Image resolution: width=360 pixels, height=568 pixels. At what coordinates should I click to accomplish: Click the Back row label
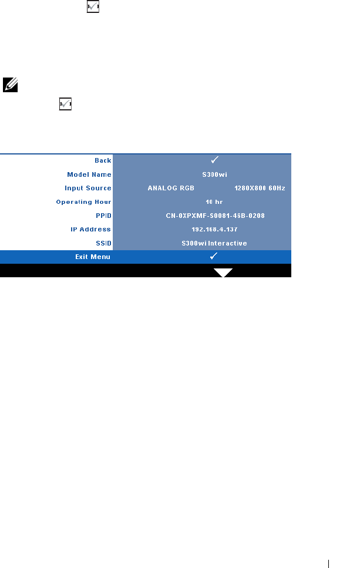point(103,160)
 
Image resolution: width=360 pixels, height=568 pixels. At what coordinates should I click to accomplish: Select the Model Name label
point(89,174)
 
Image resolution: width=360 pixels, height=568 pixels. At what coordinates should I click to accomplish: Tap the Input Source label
point(88,189)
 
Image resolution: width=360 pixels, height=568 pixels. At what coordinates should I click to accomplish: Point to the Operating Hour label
point(83,202)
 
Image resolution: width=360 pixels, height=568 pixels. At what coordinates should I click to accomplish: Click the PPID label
point(103,216)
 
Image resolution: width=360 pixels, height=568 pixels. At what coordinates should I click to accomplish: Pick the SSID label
point(103,243)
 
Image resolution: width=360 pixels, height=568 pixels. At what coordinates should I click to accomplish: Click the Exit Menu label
point(92,257)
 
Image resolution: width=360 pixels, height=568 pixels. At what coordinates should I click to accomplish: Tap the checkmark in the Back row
point(214,160)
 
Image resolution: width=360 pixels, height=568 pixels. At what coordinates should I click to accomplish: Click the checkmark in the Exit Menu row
point(214,256)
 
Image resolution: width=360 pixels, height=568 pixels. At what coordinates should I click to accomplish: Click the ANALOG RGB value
point(171,189)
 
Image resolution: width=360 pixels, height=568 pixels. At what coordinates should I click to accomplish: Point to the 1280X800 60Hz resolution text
point(259,189)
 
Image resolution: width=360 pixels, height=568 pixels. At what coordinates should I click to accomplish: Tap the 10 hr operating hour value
point(214,202)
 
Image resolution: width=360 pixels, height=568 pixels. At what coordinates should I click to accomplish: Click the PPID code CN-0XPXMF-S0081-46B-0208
point(215,216)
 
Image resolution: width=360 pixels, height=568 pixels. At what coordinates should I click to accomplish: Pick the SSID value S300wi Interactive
point(214,243)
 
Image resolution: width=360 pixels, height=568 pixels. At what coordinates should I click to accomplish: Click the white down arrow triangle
point(223,272)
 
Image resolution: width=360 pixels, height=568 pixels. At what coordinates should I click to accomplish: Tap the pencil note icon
point(11,84)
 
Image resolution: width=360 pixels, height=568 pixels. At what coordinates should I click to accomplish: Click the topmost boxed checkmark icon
point(93,6)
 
